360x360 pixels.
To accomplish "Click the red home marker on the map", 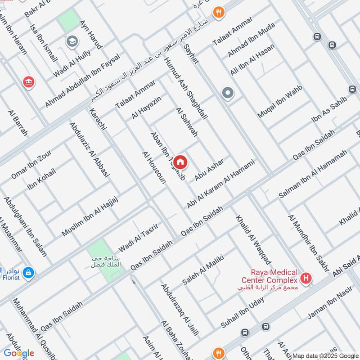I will pyautogui.click(x=180, y=162).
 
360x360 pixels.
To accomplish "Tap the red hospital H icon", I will pyautogui.click(x=306, y=279).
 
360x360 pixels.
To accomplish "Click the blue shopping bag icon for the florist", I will pyautogui.click(x=28, y=273).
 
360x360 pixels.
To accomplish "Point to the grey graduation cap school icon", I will pyautogui.click(x=71, y=42).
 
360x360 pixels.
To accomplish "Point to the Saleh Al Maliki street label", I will pyautogui.click(x=203, y=269).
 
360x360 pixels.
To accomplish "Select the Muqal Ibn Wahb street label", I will pyautogui.click(x=279, y=101).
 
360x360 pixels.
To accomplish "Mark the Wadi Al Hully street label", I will pyautogui.click(x=72, y=63).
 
